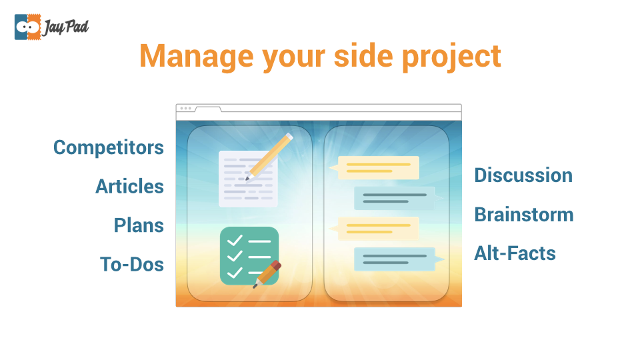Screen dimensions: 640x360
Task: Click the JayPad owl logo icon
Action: point(28,27)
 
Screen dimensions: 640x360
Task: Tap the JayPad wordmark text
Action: point(66,27)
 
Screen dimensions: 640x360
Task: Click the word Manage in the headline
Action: point(196,56)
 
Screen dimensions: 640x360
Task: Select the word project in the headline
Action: point(451,57)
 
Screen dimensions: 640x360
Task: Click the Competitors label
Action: point(109,147)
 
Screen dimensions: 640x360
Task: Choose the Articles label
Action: point(130,186)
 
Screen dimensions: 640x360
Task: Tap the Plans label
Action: point(139,225)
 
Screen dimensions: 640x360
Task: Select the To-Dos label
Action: point(132,264)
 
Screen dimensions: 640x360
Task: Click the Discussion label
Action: point(523,175)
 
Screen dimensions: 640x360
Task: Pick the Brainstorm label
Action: point(524,214)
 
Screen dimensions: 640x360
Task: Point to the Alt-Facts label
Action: point(515,253)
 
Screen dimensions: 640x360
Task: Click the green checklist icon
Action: point(249,256)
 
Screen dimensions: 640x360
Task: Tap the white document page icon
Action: point(248,179)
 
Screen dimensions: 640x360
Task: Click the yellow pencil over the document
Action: point(269,157)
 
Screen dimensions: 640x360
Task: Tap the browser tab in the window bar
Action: point(208,109)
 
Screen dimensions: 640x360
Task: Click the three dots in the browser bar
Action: point(186,109)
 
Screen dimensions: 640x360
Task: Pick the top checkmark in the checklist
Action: point(235,241)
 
